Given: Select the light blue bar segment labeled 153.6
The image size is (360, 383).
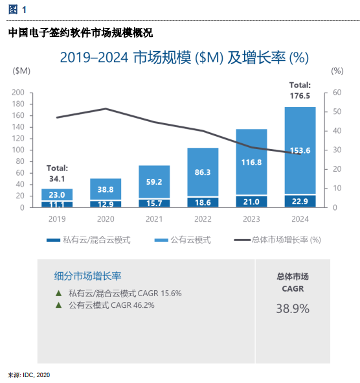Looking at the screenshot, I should coord(300,150).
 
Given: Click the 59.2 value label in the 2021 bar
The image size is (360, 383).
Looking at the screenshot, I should coord(154,182).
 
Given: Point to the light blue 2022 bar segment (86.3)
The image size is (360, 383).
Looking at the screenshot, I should coord(203,172).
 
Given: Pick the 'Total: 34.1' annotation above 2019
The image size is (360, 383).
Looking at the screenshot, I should coord(57,172).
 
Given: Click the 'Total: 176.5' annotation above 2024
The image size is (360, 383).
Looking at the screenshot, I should coord(300,90).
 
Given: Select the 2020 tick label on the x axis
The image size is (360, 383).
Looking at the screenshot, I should coord(106,219).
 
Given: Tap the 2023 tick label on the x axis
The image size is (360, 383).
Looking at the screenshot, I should coord(251,219).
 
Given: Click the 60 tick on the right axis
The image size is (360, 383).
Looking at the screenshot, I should coord(336,93).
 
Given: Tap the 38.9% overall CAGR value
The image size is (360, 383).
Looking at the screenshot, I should coord(293,308).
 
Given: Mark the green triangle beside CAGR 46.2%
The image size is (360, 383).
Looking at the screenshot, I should coord(59,305).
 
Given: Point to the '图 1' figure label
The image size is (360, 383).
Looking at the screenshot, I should coord(17,10).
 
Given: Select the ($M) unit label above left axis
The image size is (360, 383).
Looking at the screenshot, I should coord(21,71).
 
